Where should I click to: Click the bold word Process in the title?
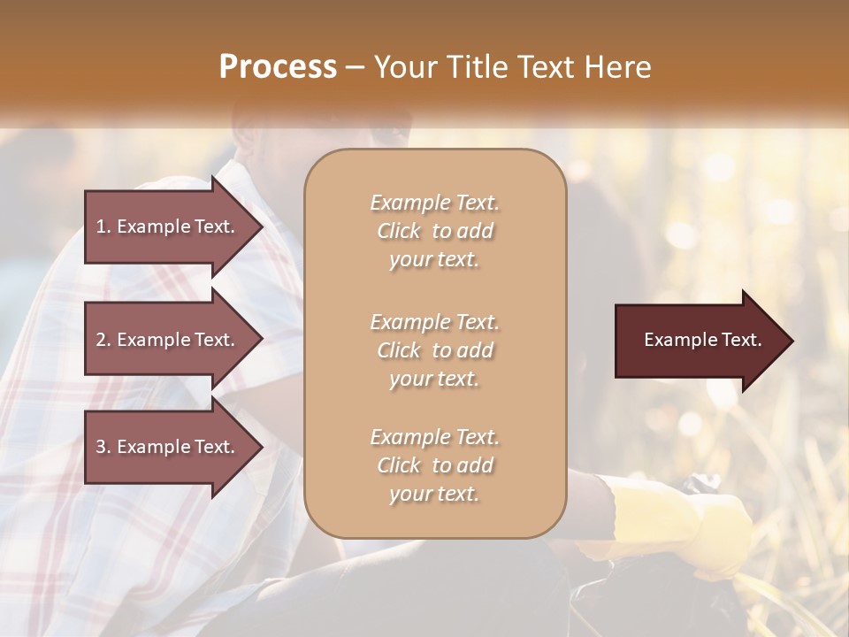(278, 67)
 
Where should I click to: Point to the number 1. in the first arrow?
(103, 226)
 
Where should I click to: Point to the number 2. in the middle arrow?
(103, 340)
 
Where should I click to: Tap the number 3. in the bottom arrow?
(103, 448)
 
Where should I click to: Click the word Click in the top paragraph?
(399, 232)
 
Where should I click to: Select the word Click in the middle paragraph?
(399, 350)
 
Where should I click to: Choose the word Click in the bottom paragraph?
(399, 465)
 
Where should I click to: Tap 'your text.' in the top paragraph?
(434, 260)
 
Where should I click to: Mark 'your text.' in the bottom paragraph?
(434, 495)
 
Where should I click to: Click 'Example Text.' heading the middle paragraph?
(434, 322)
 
